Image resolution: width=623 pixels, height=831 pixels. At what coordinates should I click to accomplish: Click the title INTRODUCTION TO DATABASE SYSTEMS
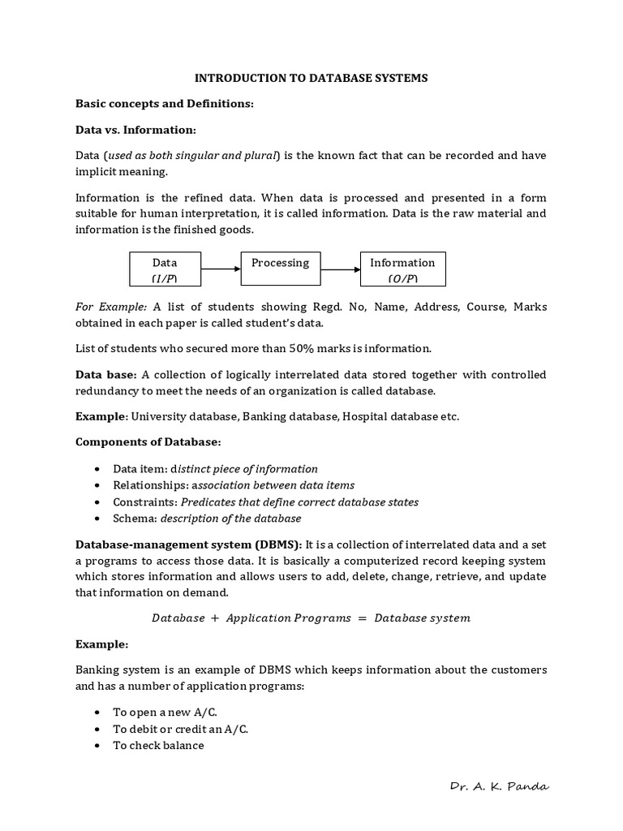click(x=311, y=78)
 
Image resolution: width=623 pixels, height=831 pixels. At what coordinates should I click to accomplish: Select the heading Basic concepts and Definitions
click(x=165, y=104)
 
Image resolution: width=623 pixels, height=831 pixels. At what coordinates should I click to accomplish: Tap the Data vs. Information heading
click(x=136, y=130)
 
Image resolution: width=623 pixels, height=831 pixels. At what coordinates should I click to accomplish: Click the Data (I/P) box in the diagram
click(x=165, y=269)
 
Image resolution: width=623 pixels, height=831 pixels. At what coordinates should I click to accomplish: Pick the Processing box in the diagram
click(x=280, y=269)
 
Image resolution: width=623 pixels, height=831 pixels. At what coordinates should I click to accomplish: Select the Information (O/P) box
click(x=402, y=269)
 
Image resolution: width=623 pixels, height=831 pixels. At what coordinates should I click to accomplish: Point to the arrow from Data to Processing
click(x=220, y=269)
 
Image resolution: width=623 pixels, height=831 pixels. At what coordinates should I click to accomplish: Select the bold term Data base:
click(x=106, y=374)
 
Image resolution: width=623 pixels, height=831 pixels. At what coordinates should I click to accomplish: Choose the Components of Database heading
click(x=148, y=442)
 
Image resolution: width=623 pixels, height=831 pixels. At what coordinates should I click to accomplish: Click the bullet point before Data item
click(x=97, y=469)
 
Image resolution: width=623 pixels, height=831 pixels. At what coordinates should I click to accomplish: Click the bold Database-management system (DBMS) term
click(x=188, y=544)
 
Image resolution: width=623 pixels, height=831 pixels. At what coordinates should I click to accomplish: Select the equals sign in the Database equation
click(x=362, y=618)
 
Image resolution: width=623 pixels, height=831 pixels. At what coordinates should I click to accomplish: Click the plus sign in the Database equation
click(x=215, y=618)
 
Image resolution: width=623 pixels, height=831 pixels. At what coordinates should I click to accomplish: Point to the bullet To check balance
click(x=158, y=745)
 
